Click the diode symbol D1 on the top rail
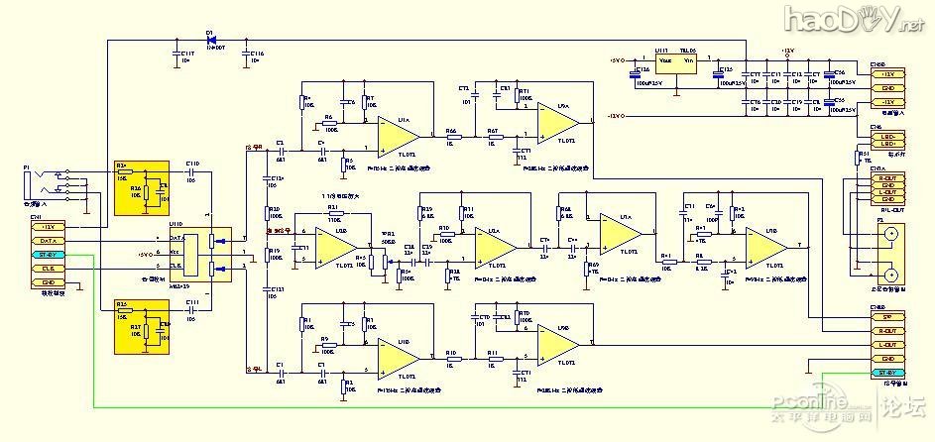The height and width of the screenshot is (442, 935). click(210, 40)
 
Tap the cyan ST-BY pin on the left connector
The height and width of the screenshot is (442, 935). click(49, 255)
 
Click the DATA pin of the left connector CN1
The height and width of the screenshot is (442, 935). click(49, 241)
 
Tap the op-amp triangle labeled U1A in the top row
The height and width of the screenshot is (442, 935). click(397, 130)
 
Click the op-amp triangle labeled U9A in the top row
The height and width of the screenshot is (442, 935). click(558, 121)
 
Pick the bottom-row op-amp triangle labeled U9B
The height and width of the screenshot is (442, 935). click(558, 343)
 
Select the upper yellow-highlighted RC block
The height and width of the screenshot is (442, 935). click(142, 186)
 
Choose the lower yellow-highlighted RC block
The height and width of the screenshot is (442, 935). click(142, 326)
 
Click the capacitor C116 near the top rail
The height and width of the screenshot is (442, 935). click(246, 55)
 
